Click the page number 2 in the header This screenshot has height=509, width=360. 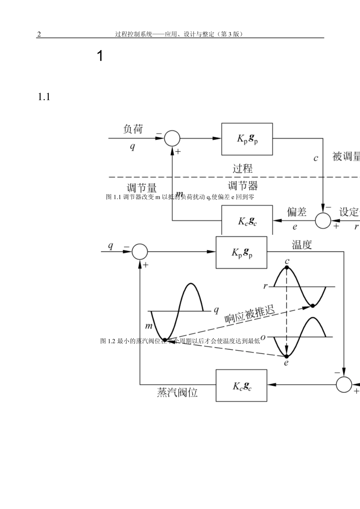click(x=39, y=34)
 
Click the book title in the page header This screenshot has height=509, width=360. click(x=178, y=34)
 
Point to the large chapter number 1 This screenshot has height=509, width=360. click(x=100, y=56)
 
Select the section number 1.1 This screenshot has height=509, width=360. click(x=44, y=97)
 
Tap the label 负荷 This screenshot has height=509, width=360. click(x=133, y=129)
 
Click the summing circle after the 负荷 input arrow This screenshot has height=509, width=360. click(x=172, y=138)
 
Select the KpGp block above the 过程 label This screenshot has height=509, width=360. click(x=247, y=139)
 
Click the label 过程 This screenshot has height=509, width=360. click(x=243, y=168)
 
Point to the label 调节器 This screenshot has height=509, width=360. click(x=243, y=185)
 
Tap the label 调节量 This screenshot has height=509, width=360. click(x=141, y=188)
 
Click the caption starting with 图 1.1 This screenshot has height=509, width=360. click(x=180, y=197)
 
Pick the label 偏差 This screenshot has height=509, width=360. click(x=296, y=212)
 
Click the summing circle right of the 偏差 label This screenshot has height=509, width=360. click(x=323, y=220)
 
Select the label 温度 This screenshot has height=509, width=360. click(x=302, y=245)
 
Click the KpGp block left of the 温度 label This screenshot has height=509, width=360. click(x=241, y=252)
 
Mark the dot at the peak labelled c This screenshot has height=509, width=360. click(x=287, y=268)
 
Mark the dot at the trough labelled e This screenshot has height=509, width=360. click(x=286, y=356)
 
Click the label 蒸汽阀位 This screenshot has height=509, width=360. click(x=177, y=392)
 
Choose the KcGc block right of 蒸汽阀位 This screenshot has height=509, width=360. click(x=241, y=385)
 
